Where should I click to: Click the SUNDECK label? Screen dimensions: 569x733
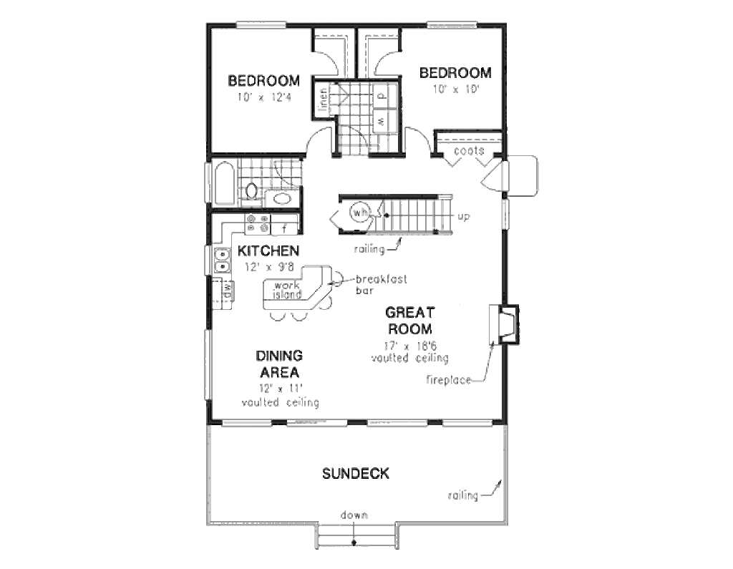click(355, 473)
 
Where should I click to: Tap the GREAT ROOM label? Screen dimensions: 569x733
click(409, 321)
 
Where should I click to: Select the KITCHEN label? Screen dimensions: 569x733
click(268, 251)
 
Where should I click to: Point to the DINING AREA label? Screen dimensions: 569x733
click(279, 364)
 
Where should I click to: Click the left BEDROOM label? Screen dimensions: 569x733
click(263, 80)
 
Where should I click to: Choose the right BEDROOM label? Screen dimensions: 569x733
click(455, 73)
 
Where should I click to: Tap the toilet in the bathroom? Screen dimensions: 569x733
click(251, 191)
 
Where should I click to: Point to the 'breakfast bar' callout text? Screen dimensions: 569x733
click(372, 284)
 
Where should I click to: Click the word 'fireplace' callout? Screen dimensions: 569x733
click(449, 379)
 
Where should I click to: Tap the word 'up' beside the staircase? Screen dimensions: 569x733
click(463, 216)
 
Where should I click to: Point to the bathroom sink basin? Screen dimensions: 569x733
click(283, 198)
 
